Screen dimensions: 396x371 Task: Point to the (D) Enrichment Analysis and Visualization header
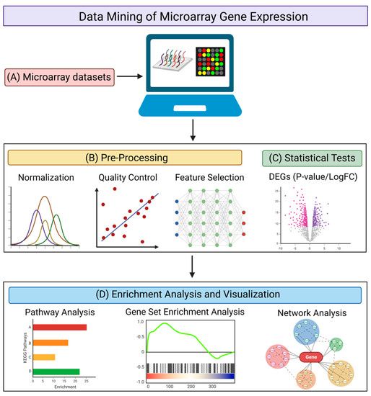[x=185, y=294]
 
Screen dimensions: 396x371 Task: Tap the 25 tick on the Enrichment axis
[x=86, y=380]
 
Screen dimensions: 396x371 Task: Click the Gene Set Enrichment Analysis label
[x=188, y=312]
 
